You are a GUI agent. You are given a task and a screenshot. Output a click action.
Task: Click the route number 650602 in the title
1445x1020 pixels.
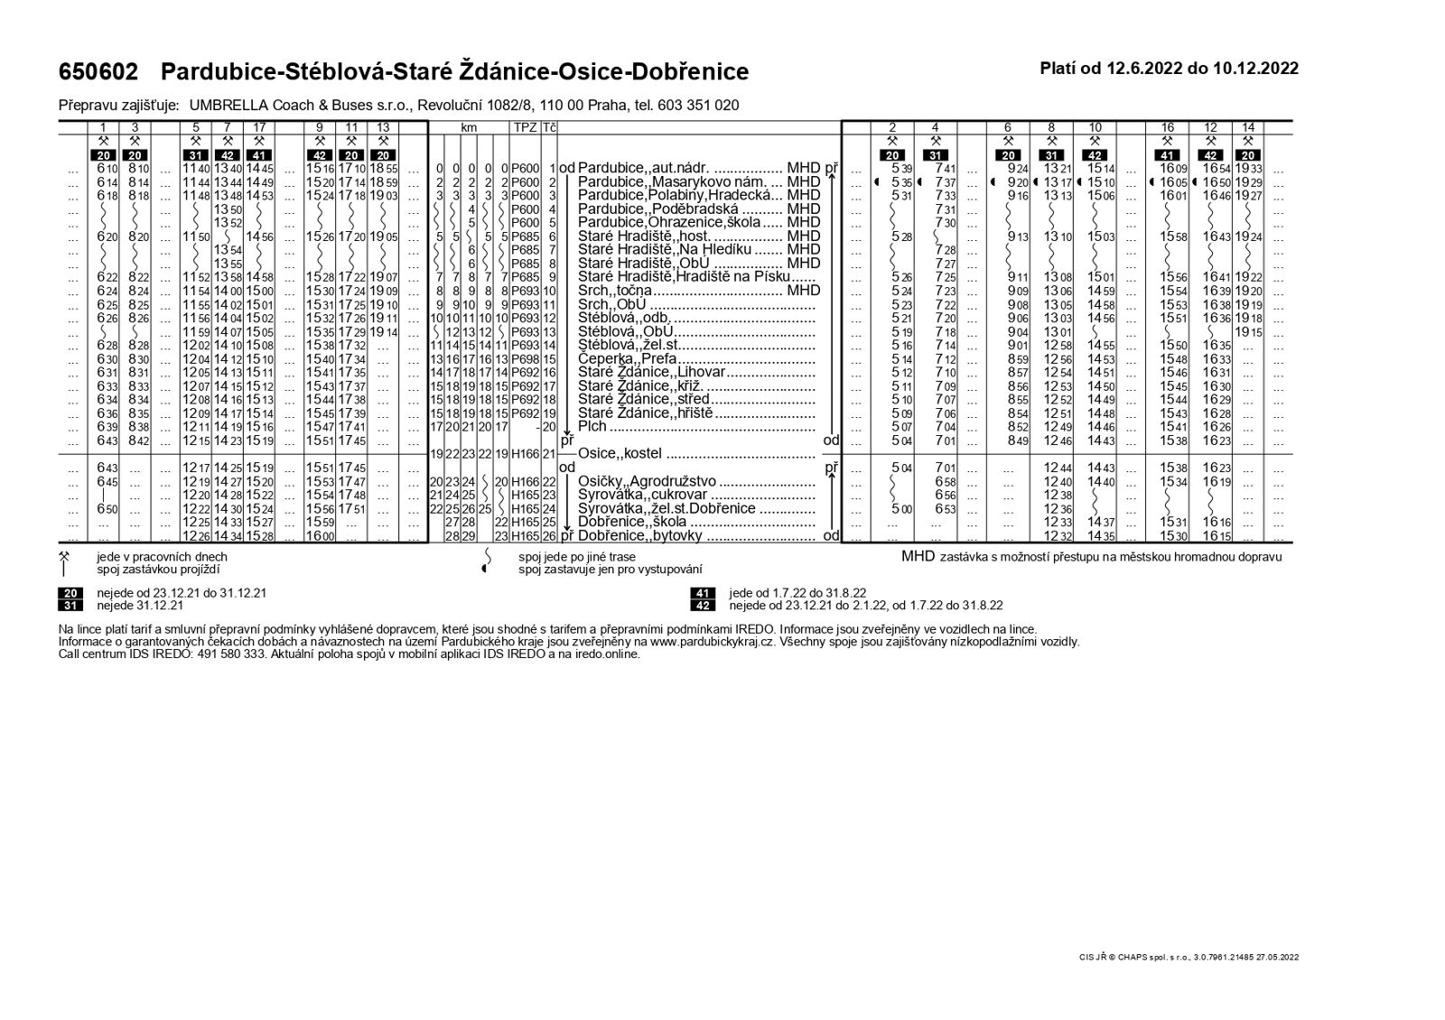(x=98, y=71)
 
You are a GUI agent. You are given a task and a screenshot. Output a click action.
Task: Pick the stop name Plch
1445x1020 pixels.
(x=592, y=426)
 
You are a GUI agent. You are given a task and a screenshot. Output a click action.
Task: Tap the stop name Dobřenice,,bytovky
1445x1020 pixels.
(x=640, y=535)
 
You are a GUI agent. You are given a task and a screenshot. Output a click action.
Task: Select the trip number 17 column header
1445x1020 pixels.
(x=259, y=127)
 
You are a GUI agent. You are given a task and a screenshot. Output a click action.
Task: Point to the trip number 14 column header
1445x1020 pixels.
(x=1248, y=127)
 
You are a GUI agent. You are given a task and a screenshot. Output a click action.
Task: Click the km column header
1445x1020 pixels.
(x=469, y=128)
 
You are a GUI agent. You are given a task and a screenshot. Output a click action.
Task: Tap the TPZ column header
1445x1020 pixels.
(x=525, y=128)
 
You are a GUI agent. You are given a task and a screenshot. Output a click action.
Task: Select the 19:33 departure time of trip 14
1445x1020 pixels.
(x=1248, y=169)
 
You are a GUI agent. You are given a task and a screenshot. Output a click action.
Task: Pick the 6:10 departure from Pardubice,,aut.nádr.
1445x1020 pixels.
(x=106, y=169)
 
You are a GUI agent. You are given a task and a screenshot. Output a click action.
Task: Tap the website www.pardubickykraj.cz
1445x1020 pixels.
(x=712, y=642)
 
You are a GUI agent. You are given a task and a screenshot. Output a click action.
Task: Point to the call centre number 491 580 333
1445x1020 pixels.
(x=229, y=654)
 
